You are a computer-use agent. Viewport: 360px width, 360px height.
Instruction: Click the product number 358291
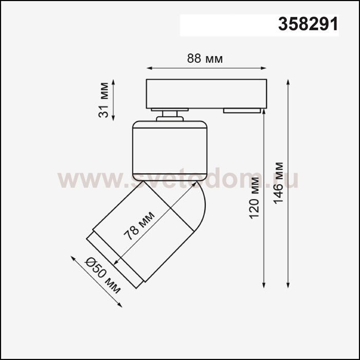pos(308,24)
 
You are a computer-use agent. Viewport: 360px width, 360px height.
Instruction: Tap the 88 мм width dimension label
pos(205,59)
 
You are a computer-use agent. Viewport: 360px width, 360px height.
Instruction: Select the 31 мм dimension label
pos(103,100)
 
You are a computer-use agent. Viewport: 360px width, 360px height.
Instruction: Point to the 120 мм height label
pos(255,198)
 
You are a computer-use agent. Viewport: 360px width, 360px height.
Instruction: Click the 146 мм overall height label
pos(279,183)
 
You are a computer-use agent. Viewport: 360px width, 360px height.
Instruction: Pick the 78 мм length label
pos(139,226)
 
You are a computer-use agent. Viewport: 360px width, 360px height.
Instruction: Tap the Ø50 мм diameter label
pos(103,276)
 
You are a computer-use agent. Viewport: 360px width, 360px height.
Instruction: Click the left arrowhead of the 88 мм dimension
pos(149,68)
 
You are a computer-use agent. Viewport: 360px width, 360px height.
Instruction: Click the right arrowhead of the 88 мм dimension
pos(263,68)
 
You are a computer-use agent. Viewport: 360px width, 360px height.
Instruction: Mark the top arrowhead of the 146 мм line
pos(288,82)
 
